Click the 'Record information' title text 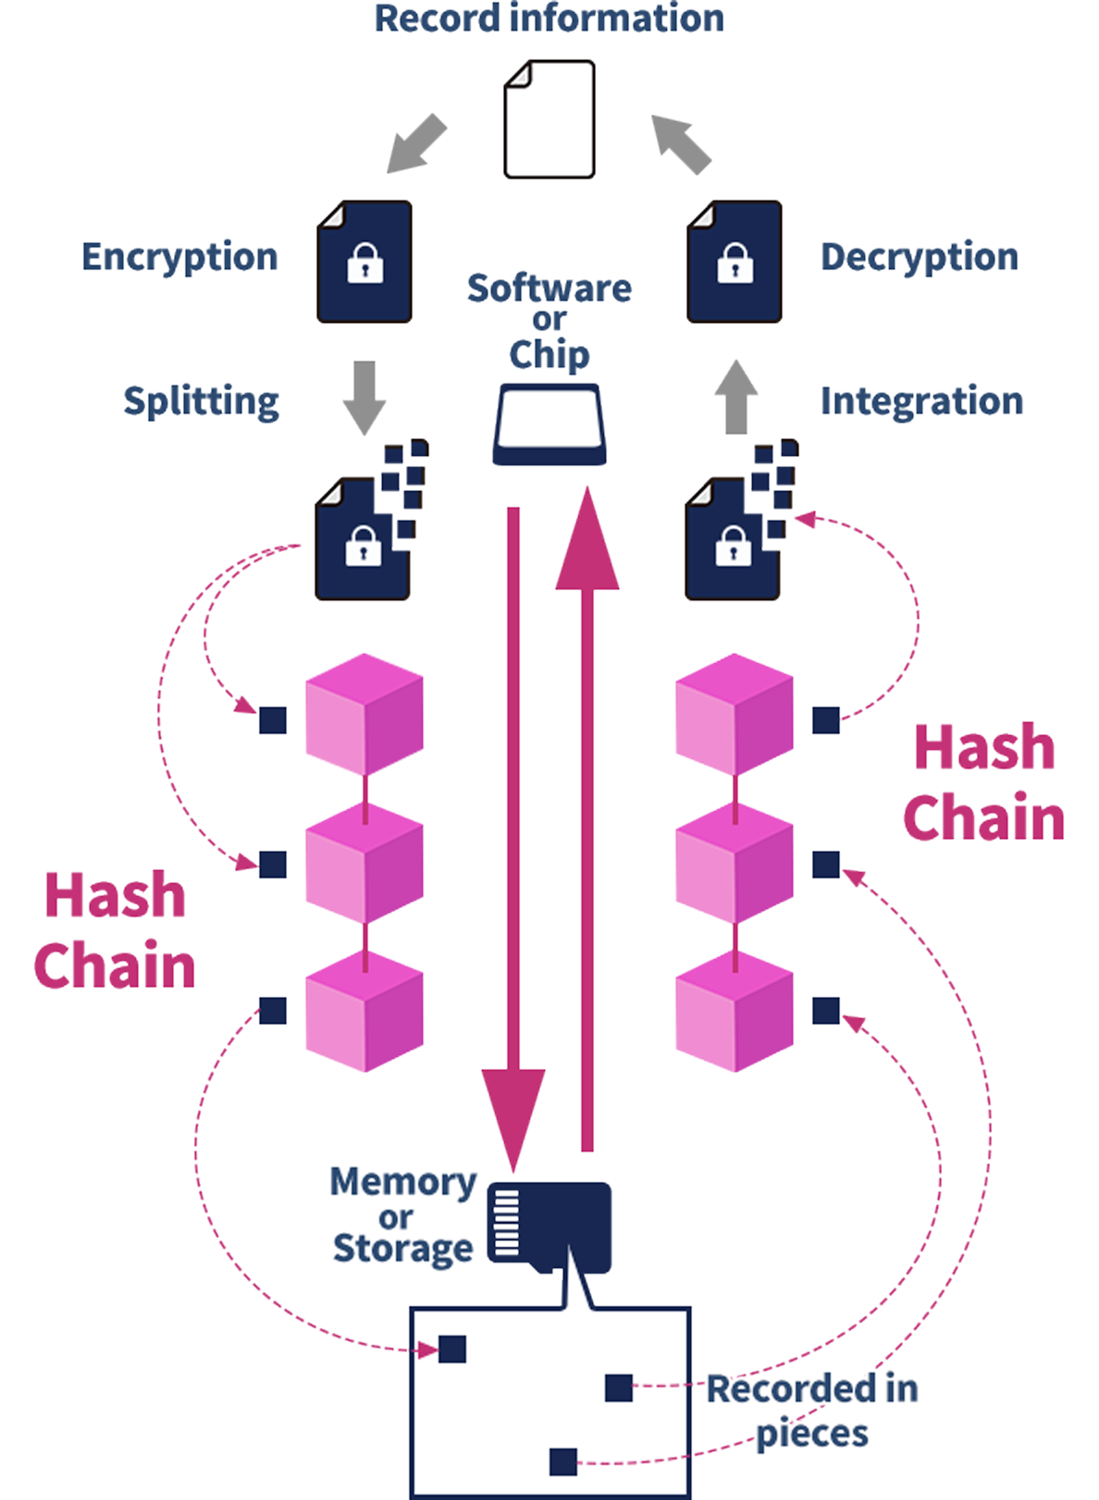pyautogui.click(x=549, y=18)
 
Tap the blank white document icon pyautogui.click(x=549, y=119)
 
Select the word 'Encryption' pyautogui.click(x=180, y=257)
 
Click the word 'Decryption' pyautogui.click(x=919, y=257)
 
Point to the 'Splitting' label pyautogui.click(x=202, y=401)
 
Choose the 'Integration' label pyautogui.click(x=921, y=401)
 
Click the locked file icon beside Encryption pyautogui.click(x=364, y=262)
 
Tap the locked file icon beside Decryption pyautogui.click(x=735, y=262)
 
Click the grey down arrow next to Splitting pyautogui.click(x=364, y=397)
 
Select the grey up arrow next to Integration pyautogui.click(x=736, y=397)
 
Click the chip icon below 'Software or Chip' pyautogui.click(x=549, y=425)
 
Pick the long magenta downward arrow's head pyautogui.click(x=513, y=1114)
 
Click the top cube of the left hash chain pyautogui.click(x=364, y=715)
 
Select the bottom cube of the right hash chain pyautogui.click(x=735, y=1012)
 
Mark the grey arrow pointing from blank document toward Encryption pyautogui.click(x=417, y=143)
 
